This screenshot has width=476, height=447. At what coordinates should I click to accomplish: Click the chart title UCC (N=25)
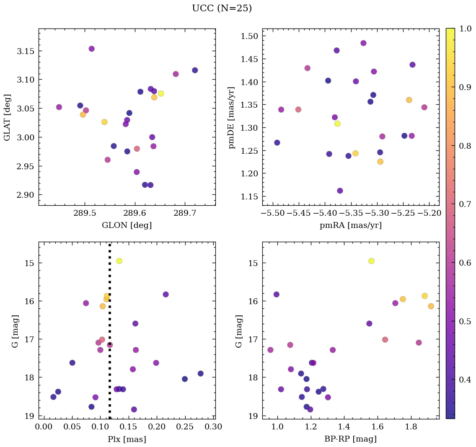pos(222,8)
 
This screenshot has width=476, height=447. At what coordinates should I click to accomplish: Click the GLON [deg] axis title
pos(127,225)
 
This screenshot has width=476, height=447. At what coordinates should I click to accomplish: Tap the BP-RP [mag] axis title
pos(351,439)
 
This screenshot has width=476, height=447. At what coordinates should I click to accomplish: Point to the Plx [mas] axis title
pos(127,439)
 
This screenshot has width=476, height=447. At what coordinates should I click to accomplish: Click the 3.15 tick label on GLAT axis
pos(26,51)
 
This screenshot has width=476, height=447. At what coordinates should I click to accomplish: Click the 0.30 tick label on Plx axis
pos(212,427)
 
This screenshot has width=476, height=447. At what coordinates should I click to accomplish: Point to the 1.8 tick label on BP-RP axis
pos(410,427)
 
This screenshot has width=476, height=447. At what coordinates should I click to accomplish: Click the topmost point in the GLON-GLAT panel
pos(92,49)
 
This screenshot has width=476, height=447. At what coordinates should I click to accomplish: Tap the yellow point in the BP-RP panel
pos(371,261)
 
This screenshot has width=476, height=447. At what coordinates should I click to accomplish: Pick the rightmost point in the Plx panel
pos(201,374)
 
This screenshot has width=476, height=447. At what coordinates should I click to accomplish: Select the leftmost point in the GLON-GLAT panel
pos(59,107)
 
